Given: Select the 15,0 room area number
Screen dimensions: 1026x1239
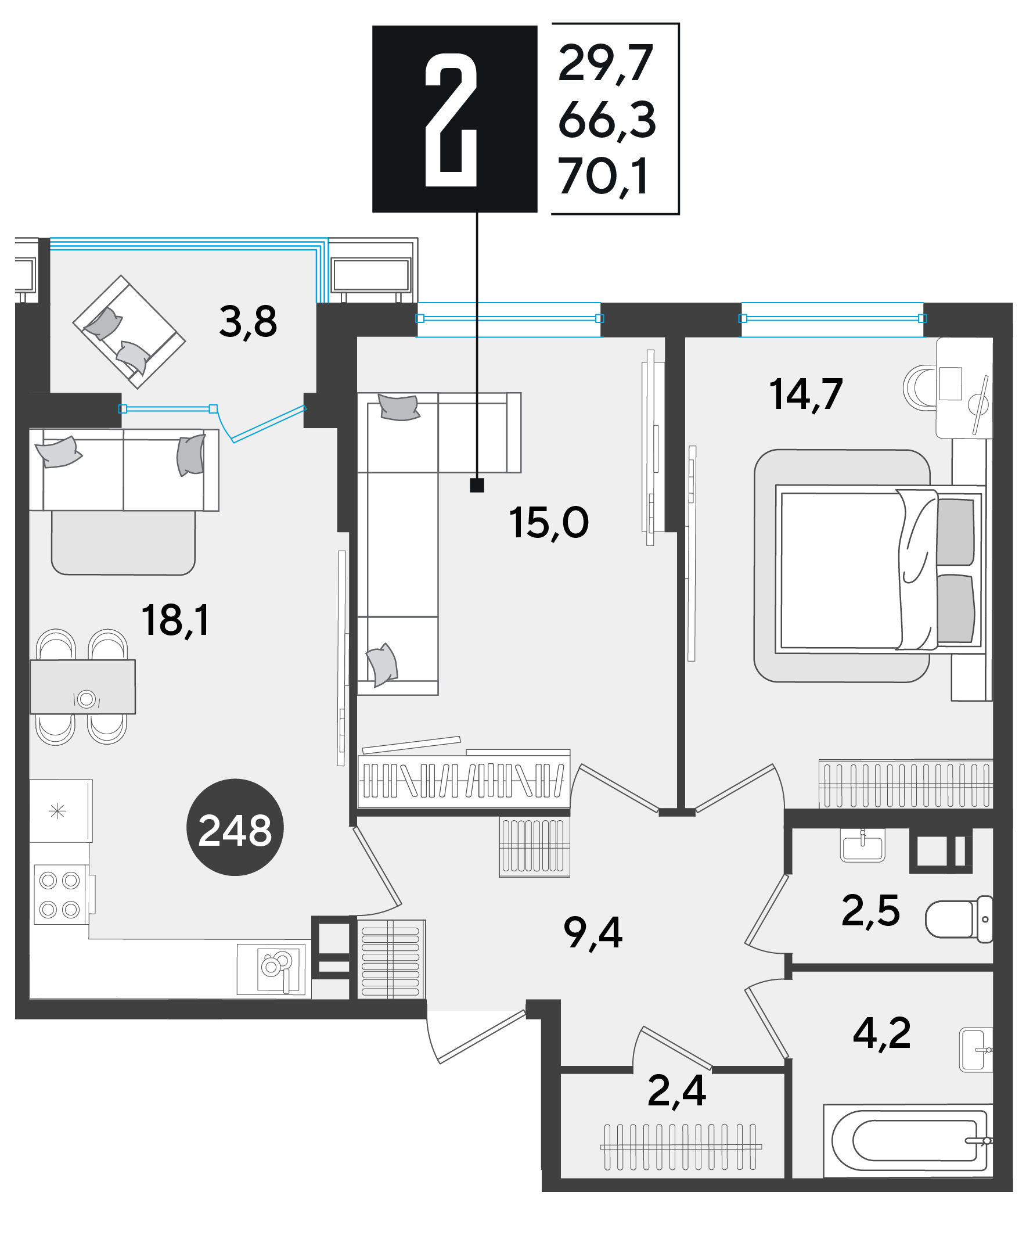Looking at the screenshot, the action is (548, 523).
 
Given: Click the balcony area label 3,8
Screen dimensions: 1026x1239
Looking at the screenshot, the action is (248, 322).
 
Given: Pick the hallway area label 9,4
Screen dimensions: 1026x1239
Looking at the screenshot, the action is (593, 933).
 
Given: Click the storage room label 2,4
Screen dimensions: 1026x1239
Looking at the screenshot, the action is (676, 1091).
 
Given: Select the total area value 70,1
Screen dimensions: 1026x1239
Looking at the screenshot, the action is (603, 177).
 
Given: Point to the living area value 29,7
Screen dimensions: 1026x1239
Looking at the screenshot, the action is (606, 64).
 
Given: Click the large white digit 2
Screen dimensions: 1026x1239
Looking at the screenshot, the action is (451, 120).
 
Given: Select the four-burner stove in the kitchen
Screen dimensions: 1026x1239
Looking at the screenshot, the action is (62, 894).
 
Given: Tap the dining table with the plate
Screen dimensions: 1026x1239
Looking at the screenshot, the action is (82, 687).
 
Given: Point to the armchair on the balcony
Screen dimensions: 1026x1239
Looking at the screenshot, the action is (129, 332).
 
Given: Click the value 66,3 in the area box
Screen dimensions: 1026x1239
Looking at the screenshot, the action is (607, 120).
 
